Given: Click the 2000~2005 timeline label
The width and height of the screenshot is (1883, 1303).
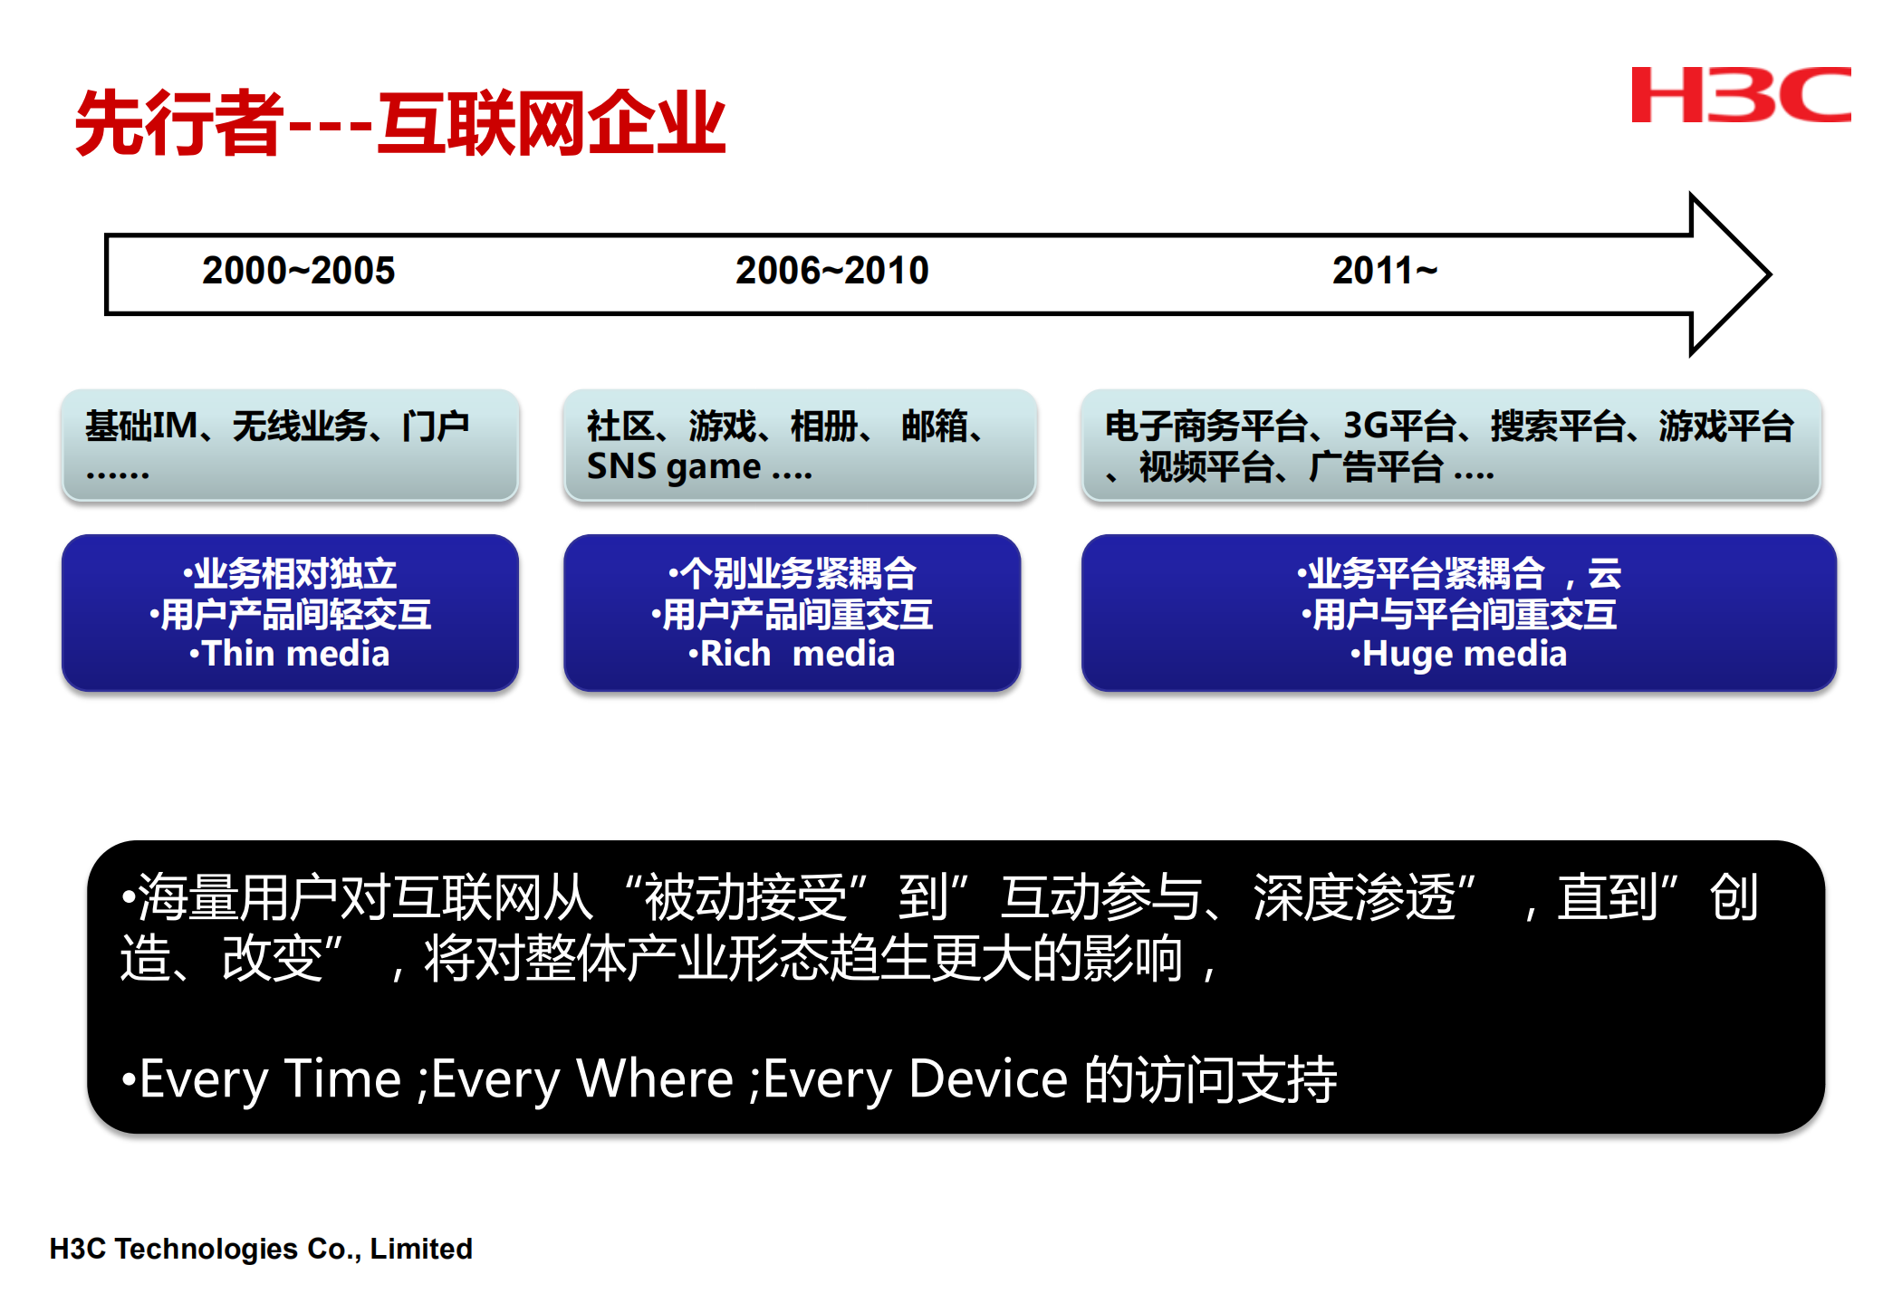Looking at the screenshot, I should pos(298,271).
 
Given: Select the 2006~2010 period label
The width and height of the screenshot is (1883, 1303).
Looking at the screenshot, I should pos(831,271).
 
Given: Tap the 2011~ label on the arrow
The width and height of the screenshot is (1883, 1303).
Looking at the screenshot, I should pos(1384,271).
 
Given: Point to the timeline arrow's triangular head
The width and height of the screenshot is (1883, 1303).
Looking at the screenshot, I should pos(1725,274).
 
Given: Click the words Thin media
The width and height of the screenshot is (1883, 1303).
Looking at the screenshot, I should pos(295,654).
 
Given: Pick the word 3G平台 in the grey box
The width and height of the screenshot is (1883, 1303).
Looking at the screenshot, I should pos(1399,426).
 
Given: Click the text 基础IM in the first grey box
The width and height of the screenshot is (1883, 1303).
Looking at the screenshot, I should pos(141,426).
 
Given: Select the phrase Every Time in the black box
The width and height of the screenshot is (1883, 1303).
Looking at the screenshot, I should pos(270,1079).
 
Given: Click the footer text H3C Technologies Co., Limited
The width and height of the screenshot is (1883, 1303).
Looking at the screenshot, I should pos(261,1249).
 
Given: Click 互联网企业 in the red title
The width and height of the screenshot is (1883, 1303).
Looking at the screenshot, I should pos(552,123).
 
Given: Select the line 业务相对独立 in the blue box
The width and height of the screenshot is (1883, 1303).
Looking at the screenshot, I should pos(295,574).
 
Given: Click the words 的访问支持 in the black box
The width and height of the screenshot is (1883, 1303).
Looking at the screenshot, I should pos(1210,1079).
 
